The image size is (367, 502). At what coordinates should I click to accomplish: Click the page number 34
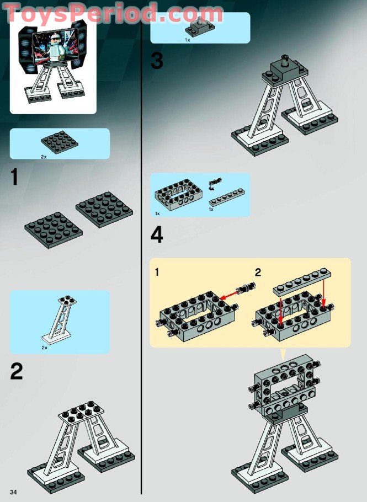[13, 491]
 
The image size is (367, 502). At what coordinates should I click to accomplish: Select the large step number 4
[157, 236]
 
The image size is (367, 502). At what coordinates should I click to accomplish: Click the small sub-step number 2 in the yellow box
[257, 271]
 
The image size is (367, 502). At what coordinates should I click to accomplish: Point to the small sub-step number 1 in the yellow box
[158, 271]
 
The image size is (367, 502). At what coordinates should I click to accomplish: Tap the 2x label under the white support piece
[44, 349]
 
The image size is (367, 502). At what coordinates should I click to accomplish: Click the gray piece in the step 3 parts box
[200, 26]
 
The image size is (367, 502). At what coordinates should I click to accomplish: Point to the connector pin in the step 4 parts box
[216, 181]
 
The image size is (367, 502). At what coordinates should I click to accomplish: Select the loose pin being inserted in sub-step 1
[246, 287]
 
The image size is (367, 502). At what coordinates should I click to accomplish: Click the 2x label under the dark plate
[44, 157]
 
